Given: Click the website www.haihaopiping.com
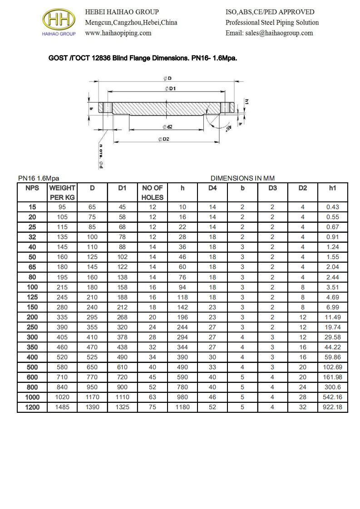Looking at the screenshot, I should click(x=118, y=33).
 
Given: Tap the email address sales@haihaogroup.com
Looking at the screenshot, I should click(x=269, y=33).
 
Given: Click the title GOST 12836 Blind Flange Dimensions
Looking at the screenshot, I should click(x=143, y=59).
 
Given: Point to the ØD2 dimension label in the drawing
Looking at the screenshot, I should click(x=163, y=139).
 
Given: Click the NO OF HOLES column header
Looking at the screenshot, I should click(x=153, y=192).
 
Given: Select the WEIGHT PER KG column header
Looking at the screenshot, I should click(x=62, y=192).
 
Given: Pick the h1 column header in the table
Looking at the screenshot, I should click(x=333, y=188).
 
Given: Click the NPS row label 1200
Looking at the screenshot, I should click(x=32, y=407).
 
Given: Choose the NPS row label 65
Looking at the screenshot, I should click(x=32, y=267).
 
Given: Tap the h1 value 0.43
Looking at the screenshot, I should click(x=333, y=207).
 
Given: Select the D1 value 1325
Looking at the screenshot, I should click(x=122, y=407).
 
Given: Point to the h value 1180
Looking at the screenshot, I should click(x=182, y=407).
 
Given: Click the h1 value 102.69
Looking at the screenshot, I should click(x=333, y=367).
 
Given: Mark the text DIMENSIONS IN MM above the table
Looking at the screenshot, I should click(x=243, y=178).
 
